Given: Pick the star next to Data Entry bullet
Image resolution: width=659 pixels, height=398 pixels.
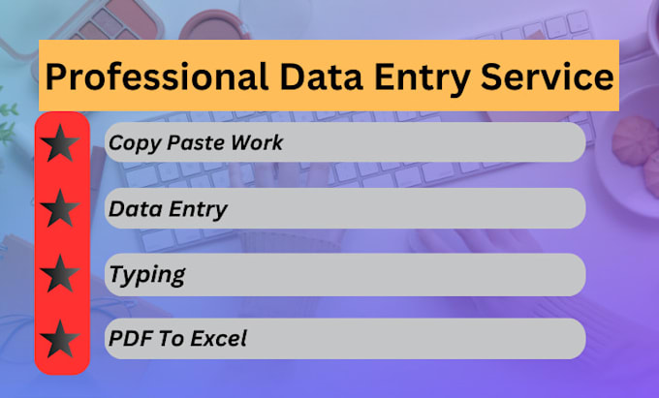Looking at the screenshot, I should tap(60, 208).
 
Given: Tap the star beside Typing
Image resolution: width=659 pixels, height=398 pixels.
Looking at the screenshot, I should tap(60, 274).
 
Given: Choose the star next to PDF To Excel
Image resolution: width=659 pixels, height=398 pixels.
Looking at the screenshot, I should tap(60, 339).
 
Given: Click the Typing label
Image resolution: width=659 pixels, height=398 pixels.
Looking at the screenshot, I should tap(146, 275).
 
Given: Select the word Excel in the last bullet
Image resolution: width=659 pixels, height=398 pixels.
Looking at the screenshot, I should tap(219, 339).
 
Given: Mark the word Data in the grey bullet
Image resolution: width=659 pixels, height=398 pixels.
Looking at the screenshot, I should tap(132, 209).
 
